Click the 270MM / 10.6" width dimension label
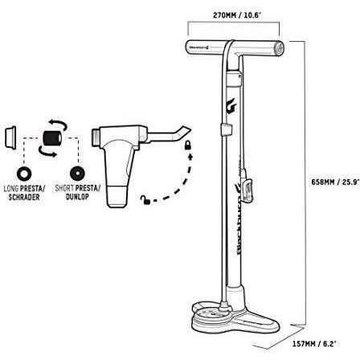[x=237, y=15]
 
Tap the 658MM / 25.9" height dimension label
[x=335, y=182]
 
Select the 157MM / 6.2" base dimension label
[x=314, y=344]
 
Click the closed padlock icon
[x=188, y=145]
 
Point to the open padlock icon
[x=145, y=200]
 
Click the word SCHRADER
[x=24, y=197]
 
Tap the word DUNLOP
[x=77, y=197]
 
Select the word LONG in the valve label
[x=11, y=188]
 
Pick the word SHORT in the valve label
[x=64, y=188]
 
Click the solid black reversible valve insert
[x=52, y=138]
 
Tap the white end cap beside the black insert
[x=10, y=137]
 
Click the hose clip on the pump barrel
[x=226, y=129]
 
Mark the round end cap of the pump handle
[x=280, y=49]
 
